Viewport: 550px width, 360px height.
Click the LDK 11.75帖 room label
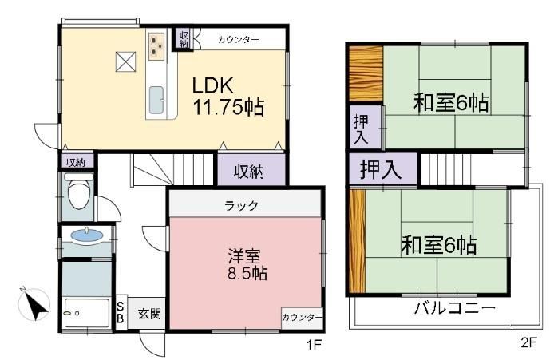[228, 97]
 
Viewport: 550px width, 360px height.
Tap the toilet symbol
[79, 191]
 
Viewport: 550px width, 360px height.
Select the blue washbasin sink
[87, 235]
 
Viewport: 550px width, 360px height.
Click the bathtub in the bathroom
[87, 314]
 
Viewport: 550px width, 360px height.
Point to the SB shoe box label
[120, 312]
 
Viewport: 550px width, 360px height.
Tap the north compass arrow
[34, 305]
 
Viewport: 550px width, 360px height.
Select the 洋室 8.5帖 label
[247, 264]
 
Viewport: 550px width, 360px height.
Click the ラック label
[242, 205]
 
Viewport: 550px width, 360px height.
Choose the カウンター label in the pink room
[302, 318]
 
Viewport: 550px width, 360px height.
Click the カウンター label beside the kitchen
[238, 39]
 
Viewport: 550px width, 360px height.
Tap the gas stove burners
[156, 45]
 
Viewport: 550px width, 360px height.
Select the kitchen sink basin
[156, 100]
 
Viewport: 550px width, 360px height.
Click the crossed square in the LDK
[125, 61]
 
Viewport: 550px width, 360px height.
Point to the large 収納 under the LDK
[249, 172]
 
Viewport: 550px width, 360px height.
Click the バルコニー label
[455, 308]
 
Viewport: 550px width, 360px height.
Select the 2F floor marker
[528, 342]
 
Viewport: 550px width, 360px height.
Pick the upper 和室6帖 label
[451, 102]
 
